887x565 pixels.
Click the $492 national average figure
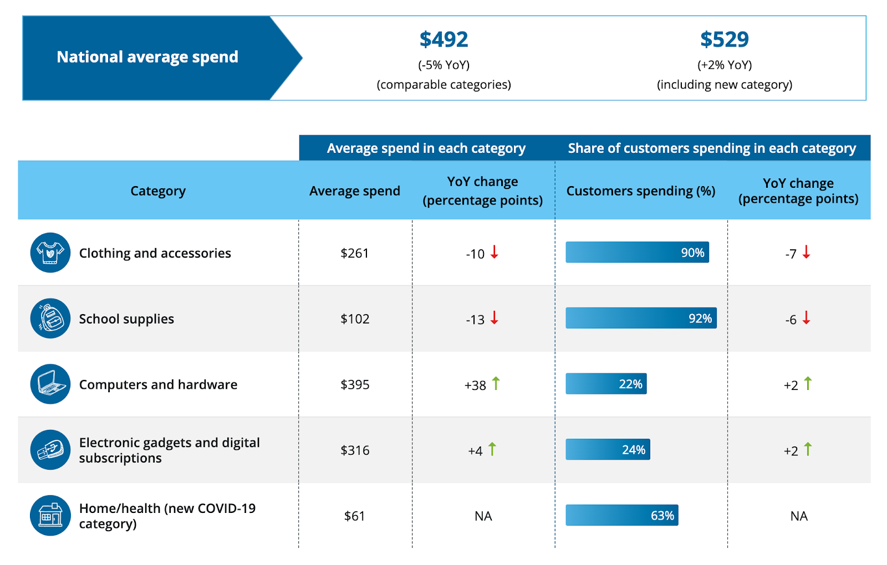pos(443,39)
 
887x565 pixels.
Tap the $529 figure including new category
pos(724,39)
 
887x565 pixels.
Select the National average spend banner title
pos(147,57)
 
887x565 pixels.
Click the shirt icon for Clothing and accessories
pos(50,253)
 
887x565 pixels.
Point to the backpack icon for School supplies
pos(50,319)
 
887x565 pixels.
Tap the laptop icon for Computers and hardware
pos(50,384)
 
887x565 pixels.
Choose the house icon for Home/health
pos(50,515)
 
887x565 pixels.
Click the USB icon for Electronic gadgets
pos(50,450)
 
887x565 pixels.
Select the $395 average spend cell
pos(355,384)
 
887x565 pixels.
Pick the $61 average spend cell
pos(355,516)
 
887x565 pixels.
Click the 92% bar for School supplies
pos(641,318)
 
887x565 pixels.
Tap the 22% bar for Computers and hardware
pos(606,384)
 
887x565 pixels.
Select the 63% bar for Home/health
pos(622,515)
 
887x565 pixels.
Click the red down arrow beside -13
pos(495,318)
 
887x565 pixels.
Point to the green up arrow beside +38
pos(496,383)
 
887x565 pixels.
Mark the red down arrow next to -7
pos(807,252)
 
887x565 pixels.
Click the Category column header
pos(158,191)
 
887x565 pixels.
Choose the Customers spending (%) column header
pos(640,191)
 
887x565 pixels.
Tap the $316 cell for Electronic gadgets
pos(355,450)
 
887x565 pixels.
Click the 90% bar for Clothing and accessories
pos(637,252)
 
